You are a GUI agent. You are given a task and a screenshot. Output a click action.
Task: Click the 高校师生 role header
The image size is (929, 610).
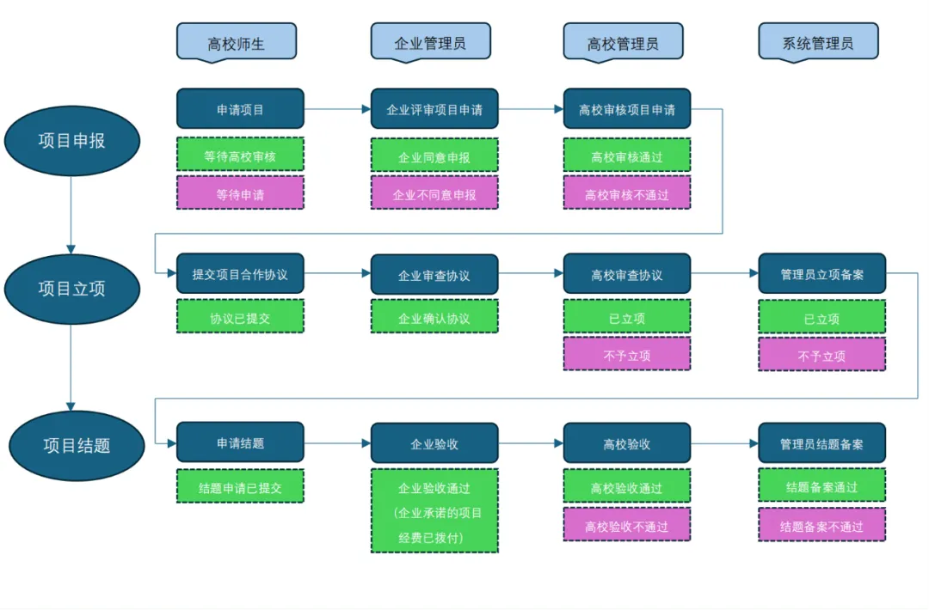(237, 41)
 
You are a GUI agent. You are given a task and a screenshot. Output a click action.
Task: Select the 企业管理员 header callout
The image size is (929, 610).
(430, 41)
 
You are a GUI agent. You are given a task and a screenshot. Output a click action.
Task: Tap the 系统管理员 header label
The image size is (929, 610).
(818, 41)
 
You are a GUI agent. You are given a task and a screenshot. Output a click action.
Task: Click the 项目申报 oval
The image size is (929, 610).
(72, 141)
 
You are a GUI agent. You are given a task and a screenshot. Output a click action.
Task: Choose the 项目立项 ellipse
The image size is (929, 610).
(72, 289)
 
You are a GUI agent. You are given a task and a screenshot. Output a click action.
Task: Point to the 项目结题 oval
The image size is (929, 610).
(77, 445)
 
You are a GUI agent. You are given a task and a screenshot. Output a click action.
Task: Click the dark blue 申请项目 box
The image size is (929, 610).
(240, 109)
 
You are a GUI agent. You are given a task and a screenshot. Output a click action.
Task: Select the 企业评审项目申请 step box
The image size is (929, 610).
(434, 109)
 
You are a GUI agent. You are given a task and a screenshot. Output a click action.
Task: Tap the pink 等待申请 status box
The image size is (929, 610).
(240, 193)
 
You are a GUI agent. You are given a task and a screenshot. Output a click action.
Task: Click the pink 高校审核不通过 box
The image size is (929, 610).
(626, 193)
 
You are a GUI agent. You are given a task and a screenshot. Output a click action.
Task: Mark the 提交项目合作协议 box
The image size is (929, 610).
(240, 274)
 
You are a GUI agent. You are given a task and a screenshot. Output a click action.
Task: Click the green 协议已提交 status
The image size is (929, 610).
(240, 317)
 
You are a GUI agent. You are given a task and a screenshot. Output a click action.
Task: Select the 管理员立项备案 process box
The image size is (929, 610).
(821, 274)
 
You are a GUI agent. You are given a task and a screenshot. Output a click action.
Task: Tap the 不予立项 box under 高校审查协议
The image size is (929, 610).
(626, 354)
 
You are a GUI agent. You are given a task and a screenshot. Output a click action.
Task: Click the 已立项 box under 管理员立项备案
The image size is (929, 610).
(821, 317)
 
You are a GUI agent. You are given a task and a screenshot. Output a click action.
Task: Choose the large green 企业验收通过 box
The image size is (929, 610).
(434, 511)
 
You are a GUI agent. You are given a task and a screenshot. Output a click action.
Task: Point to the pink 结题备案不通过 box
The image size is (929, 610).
(821, 525)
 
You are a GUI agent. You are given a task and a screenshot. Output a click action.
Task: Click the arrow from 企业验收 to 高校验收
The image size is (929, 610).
(531, 444)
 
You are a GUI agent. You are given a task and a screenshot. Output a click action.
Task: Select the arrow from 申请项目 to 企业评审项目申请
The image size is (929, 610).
(337, 109)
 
